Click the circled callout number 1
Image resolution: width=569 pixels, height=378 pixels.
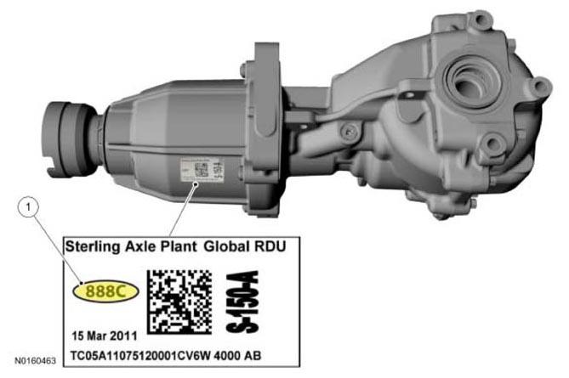coord(27,207)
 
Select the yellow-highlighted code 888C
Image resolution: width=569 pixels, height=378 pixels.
coord(105,291)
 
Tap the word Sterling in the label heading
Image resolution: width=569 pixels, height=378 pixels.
coord(93,247)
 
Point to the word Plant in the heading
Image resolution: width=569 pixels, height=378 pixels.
coord(179,246)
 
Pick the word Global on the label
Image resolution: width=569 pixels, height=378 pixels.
coord(227,246)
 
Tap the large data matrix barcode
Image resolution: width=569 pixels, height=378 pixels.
coord(179,302)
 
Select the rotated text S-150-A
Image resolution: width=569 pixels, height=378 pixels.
coord(242,302)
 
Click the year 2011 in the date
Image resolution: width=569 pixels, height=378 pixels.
coord(123,336)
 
